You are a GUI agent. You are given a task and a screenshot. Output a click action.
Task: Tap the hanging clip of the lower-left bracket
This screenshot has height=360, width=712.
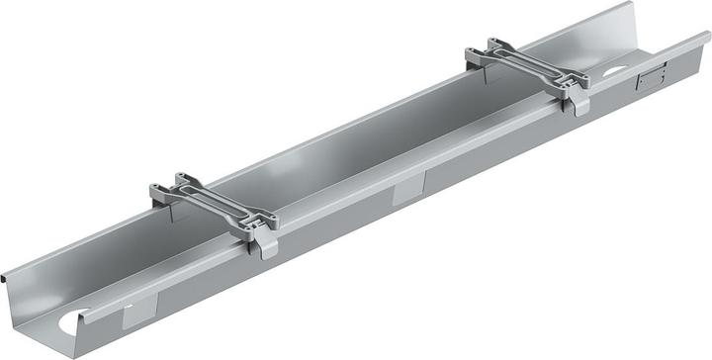coord(265,243)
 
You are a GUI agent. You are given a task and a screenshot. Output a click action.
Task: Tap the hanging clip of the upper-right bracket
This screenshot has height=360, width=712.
coord(579,99)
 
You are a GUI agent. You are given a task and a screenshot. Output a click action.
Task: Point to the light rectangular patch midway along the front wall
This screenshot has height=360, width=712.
coord(408,190)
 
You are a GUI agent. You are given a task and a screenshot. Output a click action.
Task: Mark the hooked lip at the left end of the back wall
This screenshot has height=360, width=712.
coord(7,276)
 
